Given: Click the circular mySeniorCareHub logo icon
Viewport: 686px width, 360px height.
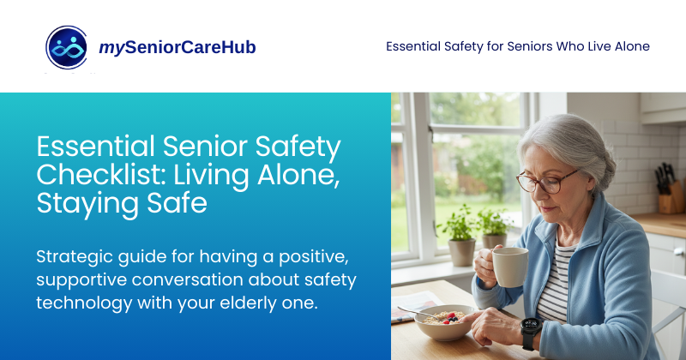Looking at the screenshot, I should [68, 47].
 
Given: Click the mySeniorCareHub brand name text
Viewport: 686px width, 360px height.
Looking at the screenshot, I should [178, 47].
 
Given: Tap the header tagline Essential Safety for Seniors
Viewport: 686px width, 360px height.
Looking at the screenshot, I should [517, 46].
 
